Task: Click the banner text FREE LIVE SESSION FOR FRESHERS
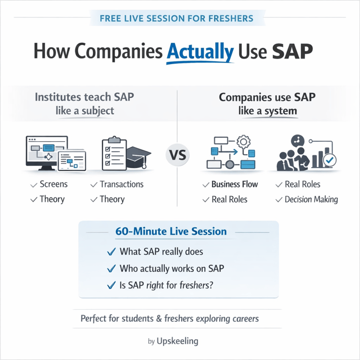pos(176,19)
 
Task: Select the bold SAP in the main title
pos(292,51)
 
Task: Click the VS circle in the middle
pos(178,155)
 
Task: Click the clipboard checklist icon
pos(114,153)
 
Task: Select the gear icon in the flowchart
pos(244,142)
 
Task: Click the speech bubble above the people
pos(298,141)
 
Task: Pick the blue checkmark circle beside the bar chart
pos(330,160)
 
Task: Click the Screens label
pos(54,184)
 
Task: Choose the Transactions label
pos(121,184)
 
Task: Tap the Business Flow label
pos(235,184)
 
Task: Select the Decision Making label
pos(311,199)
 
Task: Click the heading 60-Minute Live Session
pos(171,231)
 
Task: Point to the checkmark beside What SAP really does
pos(111,251)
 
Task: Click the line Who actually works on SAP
pos(172,268)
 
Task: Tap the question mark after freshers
pos(211,285)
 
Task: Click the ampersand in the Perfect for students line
pos(159,319)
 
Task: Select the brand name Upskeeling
pos(178,341)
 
